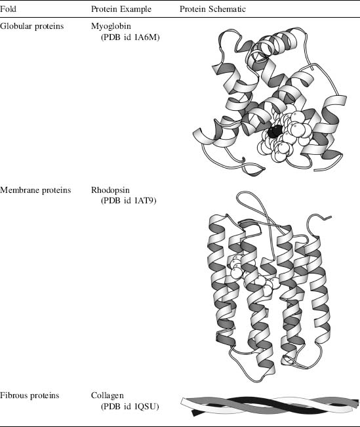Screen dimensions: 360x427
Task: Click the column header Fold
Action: click(x=8, y=9)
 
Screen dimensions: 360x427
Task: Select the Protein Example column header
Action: click(x=121, y=9)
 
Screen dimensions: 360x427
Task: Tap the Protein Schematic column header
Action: click(x=212, y=9)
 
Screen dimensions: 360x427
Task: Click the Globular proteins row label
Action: click(x=32, y=26)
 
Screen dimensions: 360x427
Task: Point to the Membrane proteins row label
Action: click(x=35, y=190)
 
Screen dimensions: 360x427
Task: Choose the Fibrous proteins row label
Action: click(x=30, y=395)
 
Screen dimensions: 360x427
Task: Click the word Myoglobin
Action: click(x=111, y=26)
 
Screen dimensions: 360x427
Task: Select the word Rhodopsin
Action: click(x=110, y=190)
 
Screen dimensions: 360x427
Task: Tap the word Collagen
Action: click(x=108, y=396)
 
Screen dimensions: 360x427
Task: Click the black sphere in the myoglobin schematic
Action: click(x=275, y=132)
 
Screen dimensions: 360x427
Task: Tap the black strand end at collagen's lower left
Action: click(x=195, y=413)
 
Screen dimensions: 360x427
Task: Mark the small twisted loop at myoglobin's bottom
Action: click(x=252, y=169)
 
